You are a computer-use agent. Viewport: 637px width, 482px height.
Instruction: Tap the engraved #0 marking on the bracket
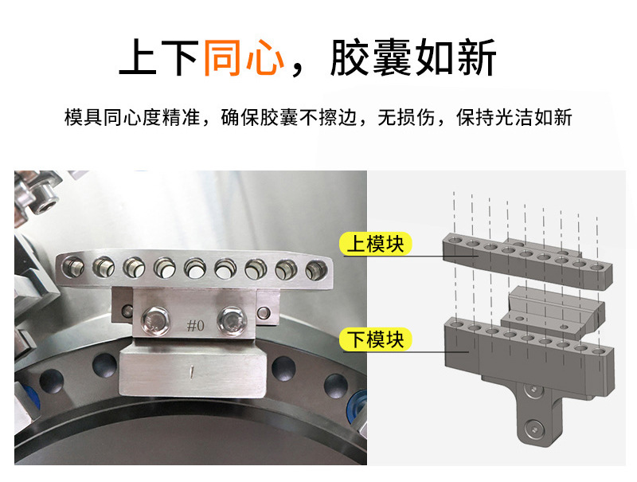[x=196, y=326]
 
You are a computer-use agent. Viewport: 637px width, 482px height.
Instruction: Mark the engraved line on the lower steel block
[x=191, y=371]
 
